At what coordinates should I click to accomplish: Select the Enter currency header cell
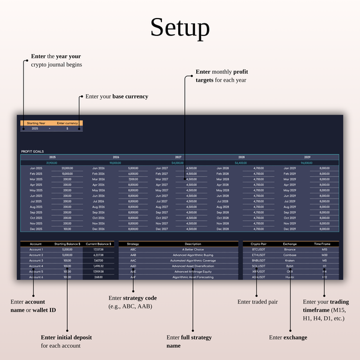(67, 123)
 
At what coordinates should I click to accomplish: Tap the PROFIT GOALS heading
(32, 151)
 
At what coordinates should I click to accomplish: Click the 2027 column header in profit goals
(178, 157)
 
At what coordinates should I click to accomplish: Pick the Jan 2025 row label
(37, 168)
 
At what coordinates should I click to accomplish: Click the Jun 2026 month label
(99, 196)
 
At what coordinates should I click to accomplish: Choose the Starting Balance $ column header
(67, 244)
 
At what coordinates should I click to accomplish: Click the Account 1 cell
(36, 250)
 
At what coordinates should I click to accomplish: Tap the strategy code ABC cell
(133, 250)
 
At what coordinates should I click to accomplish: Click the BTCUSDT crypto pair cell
(259, 250)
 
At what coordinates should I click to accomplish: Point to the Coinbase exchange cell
(290, 255)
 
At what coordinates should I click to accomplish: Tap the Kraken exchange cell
(290, 260)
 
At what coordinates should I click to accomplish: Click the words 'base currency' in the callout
(130, 96)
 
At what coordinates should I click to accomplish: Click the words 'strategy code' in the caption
(140, 298)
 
